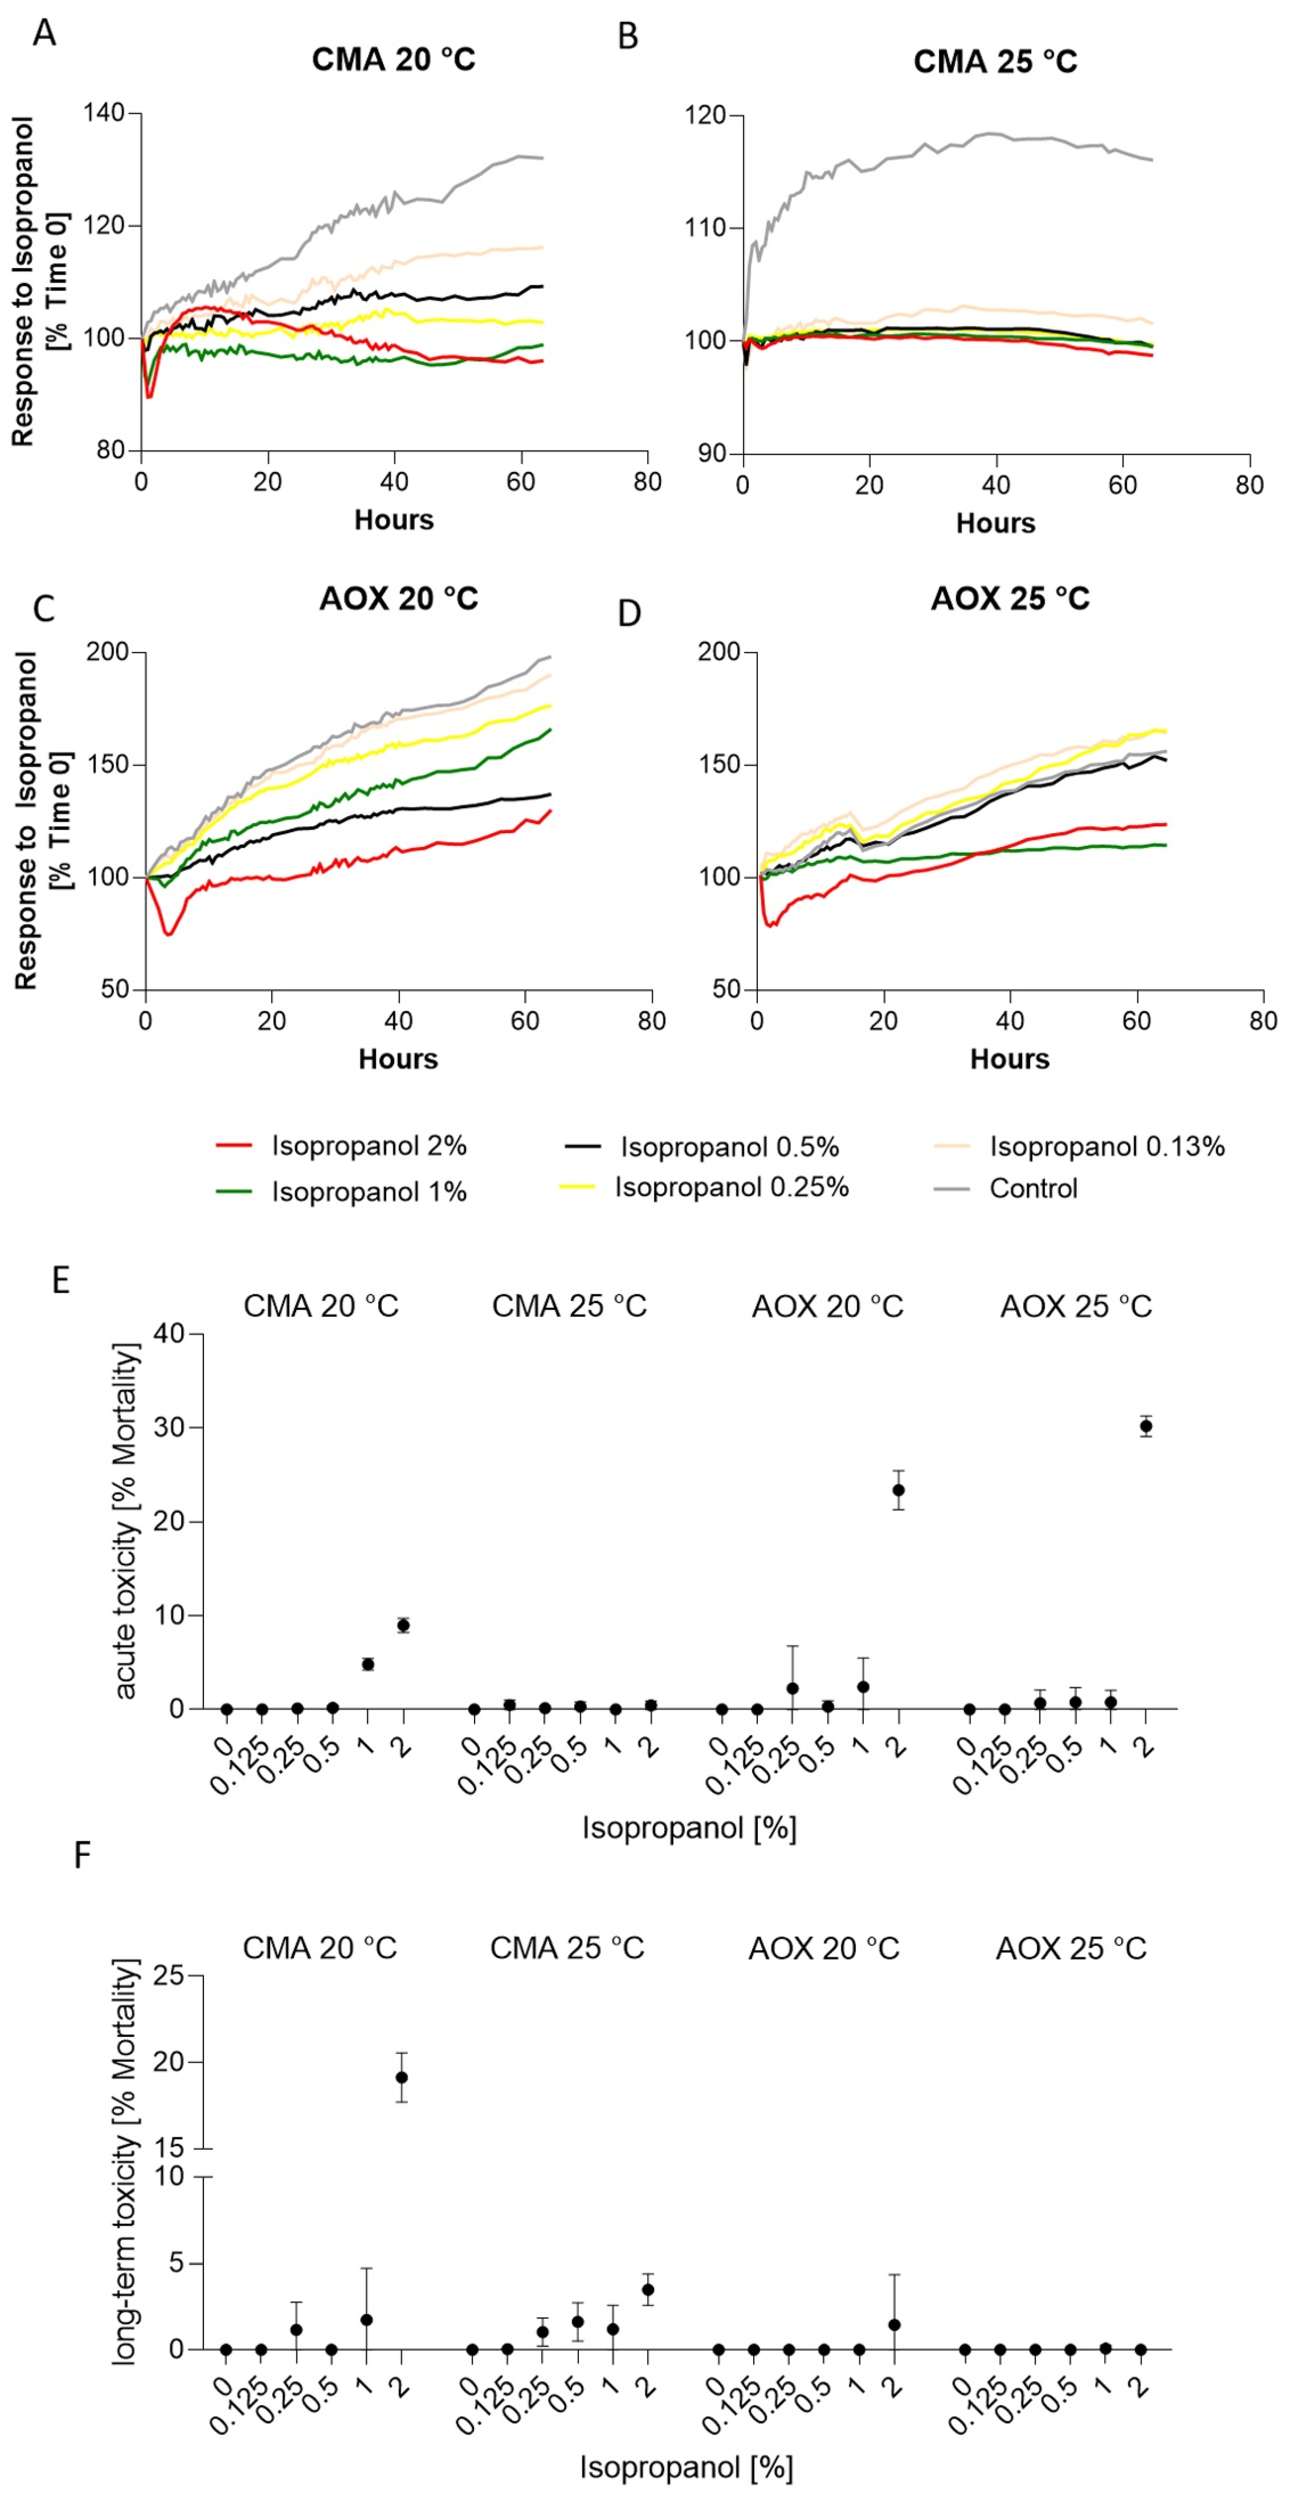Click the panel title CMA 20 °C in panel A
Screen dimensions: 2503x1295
point(393,60)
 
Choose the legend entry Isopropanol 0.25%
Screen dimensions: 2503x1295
point(731,1187)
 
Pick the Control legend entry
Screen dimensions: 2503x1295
point(1032,1188)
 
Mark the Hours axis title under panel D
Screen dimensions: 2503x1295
point(1009,1059)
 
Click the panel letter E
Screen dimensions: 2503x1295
point(60,1281)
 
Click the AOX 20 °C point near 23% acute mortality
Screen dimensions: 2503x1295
point(899,1490)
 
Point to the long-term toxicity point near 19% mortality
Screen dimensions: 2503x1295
point(401,2077)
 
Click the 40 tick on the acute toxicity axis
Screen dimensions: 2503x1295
point(168,1334)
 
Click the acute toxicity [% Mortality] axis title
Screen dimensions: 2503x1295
point(126,1521)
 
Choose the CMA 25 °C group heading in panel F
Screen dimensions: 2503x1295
point(567,1948)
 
